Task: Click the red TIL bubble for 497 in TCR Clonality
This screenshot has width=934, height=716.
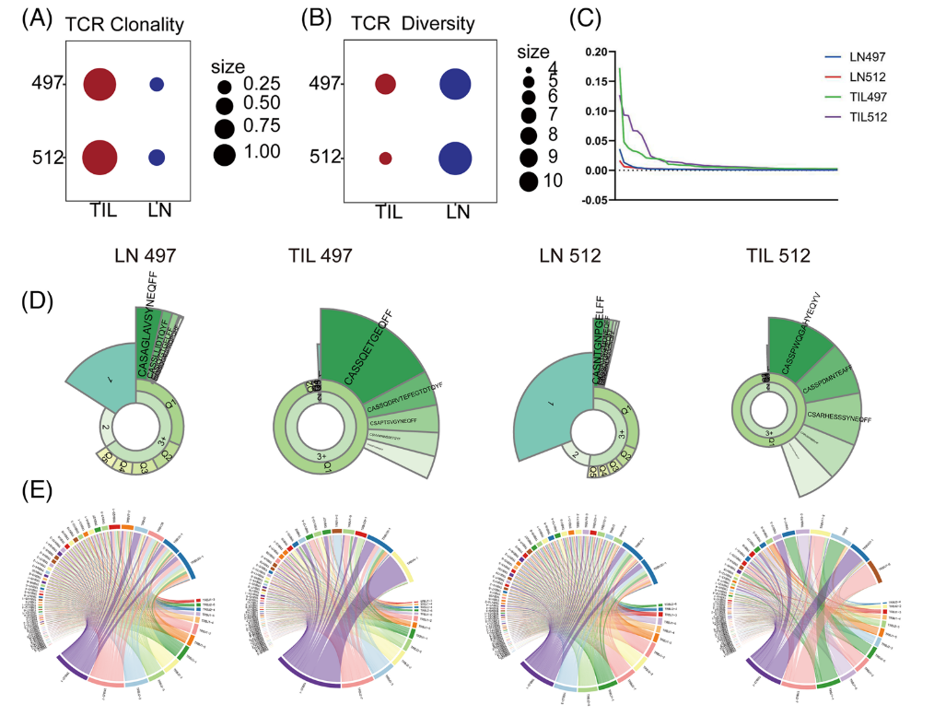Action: click(x=99, y=84)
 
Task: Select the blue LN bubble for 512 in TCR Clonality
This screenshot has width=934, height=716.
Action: click(x=157, y=157)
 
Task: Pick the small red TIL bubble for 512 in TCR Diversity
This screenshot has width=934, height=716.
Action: click(x=385, y=158)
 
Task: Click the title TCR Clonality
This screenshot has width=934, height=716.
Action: click(x=124, y=25)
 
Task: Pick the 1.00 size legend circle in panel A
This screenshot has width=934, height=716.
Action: click(x=224, y=152)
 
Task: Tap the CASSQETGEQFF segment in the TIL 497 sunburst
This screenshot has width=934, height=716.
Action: click(x=368, y=350)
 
